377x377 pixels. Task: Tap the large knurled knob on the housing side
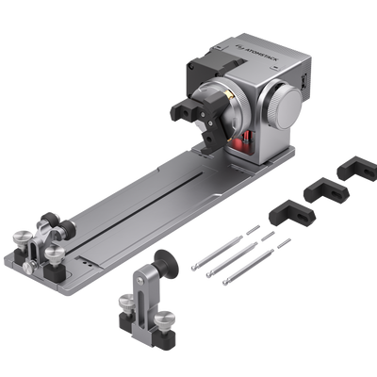pos(285,106)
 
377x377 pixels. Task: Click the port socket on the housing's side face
pos(303,82)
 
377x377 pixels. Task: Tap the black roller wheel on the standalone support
pos(166,264)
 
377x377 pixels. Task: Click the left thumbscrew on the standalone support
pos(127,303)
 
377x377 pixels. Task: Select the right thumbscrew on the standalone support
pos(165,320)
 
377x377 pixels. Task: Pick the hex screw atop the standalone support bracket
pos(140,281)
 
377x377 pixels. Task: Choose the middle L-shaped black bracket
pos(326,189)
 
